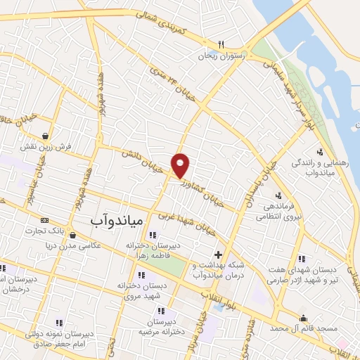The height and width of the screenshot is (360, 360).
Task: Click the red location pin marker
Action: point(181,165)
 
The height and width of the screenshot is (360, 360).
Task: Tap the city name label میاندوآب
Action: point(117,221)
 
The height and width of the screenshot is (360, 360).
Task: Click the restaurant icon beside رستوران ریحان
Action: point(221,44)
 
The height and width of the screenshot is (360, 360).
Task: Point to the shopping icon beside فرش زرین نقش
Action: point(46,136)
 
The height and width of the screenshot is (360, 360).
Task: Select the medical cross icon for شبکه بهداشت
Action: point(218,255)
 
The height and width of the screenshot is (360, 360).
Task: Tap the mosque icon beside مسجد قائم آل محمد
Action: point(303,317)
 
